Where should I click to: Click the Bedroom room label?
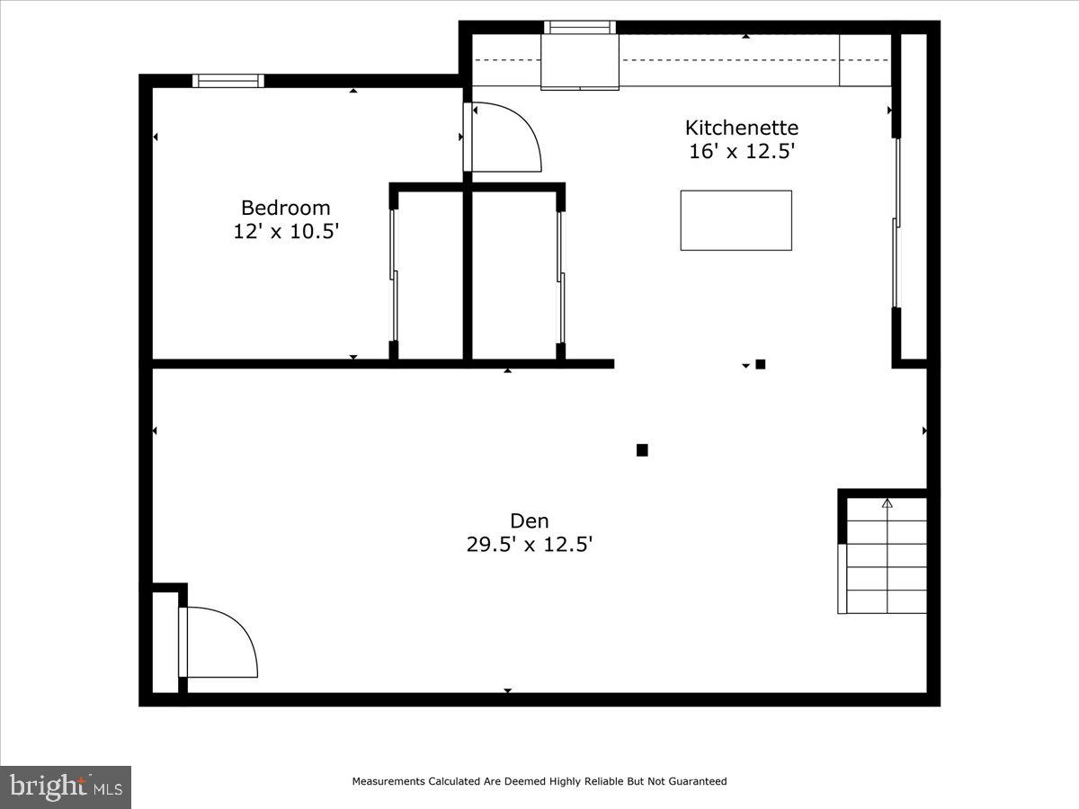point(285,208)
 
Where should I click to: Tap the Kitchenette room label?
point(742,128)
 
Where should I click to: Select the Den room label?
point(529,520)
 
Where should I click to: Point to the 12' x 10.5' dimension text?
point(285,231)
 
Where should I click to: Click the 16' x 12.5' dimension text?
point(742,151)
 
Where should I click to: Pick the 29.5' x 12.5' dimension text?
point(529,544)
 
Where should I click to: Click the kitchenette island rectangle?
point(736,220)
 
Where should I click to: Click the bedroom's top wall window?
point(228,81)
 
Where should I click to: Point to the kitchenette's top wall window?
point(580,27)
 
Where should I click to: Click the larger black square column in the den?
point(642,450)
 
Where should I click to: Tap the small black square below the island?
point(761,364)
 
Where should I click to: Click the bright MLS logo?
point(66,787)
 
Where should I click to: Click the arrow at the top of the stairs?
point(887,503)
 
